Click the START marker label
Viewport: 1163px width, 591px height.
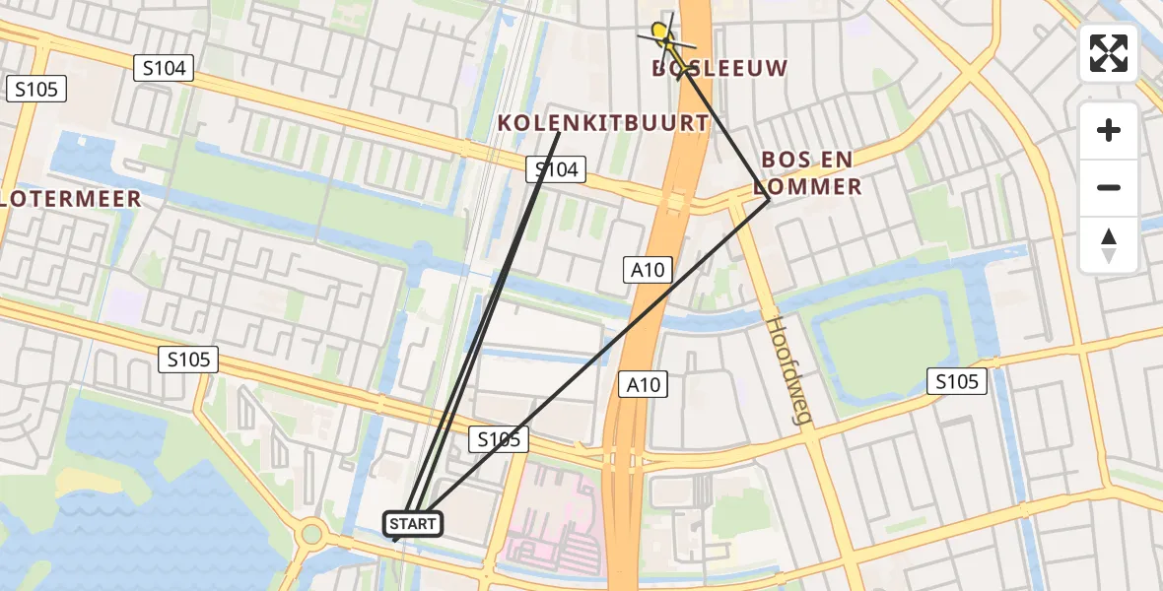[x=412, y=524]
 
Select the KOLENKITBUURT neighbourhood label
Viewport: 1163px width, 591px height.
[x=603, y=123]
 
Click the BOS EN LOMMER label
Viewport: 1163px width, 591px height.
[x=810, y=172]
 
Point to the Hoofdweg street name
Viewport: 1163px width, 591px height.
[x=789, y=370]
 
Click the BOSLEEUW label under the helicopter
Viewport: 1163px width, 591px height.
[x=721, y=68]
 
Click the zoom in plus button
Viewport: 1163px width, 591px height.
[x=1109, y=130]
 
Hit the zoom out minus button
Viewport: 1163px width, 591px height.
[x=1109, y=187]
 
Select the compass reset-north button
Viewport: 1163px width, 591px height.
[x=1109, y=244]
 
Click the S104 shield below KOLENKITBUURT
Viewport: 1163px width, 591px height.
[x=556, y=169]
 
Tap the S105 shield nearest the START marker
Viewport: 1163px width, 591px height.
[x=499, y=439]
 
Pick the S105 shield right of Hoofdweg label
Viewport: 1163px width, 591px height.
[x=957, y=381]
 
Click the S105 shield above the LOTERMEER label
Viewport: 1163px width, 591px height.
[x=36, y=90]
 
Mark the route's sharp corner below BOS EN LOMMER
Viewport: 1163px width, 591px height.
[x=769, y=199]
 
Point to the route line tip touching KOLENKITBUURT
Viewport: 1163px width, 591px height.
[x=559, y=133]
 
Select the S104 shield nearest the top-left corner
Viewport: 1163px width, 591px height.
[x=164, y=67]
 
